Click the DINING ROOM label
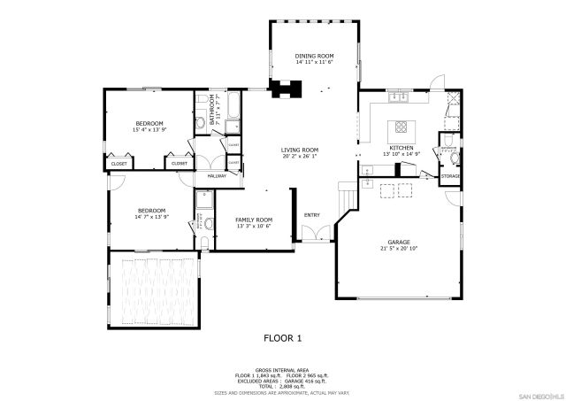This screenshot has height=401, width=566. coord(314,56)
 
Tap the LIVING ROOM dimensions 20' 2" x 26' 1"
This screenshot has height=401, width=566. coord(300,157)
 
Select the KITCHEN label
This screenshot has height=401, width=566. coord(402,147)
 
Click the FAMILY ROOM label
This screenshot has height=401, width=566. coord(253,219)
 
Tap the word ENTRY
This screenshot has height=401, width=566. coord(312,215)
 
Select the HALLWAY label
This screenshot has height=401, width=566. coord(217,175)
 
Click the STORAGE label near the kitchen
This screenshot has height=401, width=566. coord(450,177)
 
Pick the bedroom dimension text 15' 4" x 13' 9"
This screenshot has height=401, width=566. coord(149,130)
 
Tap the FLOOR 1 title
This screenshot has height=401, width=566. coord(283,337)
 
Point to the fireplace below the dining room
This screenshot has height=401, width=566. coord(287,89)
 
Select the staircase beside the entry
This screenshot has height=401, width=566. coord(346,194)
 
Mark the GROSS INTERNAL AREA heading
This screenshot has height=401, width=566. coord(282,369)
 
